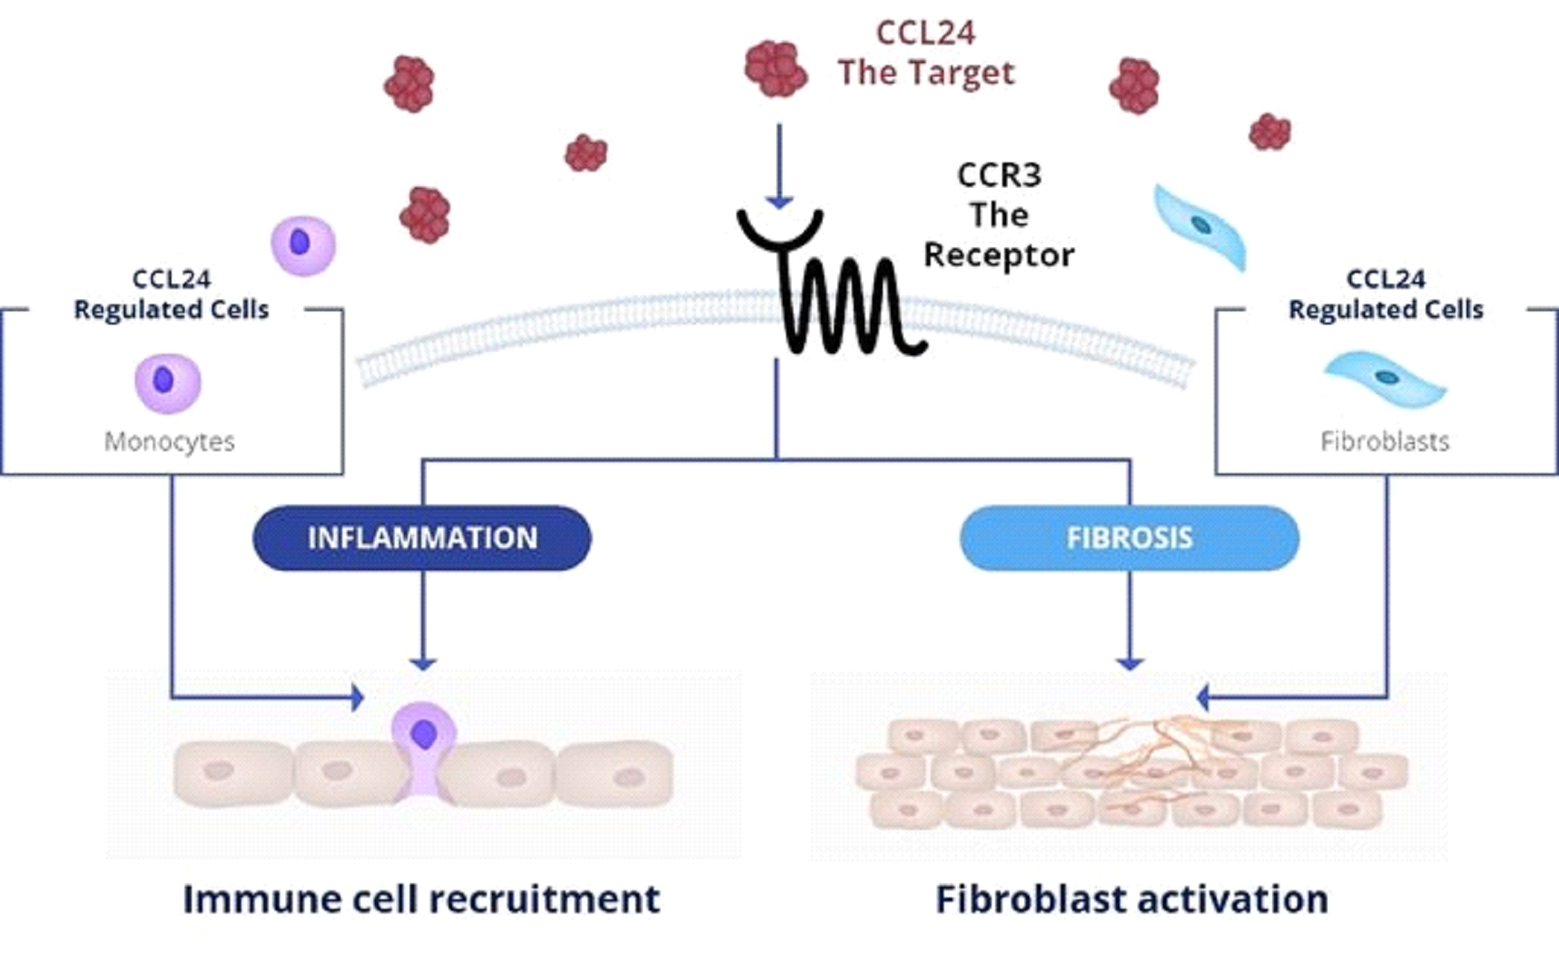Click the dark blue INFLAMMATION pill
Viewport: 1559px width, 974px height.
[x=422, y=537]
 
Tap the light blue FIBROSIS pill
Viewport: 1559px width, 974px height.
[x=1129, y=537]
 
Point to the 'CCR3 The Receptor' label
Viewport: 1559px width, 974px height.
[x=999, y=215]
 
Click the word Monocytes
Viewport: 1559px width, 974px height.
[x=169, y=441]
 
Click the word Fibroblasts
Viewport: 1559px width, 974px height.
[x=1385, y=441]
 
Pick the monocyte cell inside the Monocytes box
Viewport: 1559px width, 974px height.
[x=167, y=382]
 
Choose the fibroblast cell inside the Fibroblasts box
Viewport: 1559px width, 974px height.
[x=1385, y=378]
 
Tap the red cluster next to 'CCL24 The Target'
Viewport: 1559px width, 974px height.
[x=775, y=69]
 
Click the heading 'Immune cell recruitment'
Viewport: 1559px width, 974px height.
[x=421, y=899]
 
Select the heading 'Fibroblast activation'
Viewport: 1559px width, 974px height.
[x=1131, y=899]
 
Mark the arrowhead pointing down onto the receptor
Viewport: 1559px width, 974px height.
[x=779, y=201]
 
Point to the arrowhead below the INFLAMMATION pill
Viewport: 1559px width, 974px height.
[x=423, y=663]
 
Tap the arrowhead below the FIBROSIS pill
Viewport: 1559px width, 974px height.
[x=1130, y=663]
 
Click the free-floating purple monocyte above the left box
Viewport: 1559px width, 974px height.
[x=303, y=245]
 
